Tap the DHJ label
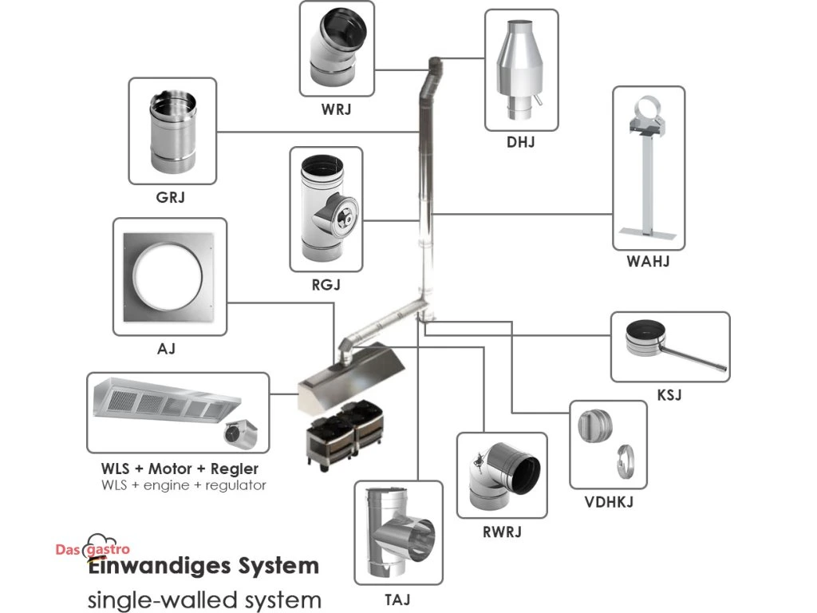tap(520, 143)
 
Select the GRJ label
tap(171, 196)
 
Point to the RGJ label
tap(326, 283)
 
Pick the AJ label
tap(167, 349)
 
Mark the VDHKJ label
tap(608, 502)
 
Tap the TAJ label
tap(397, 596)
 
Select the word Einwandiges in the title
tap(152, 567)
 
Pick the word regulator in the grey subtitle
tap(234, 485)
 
